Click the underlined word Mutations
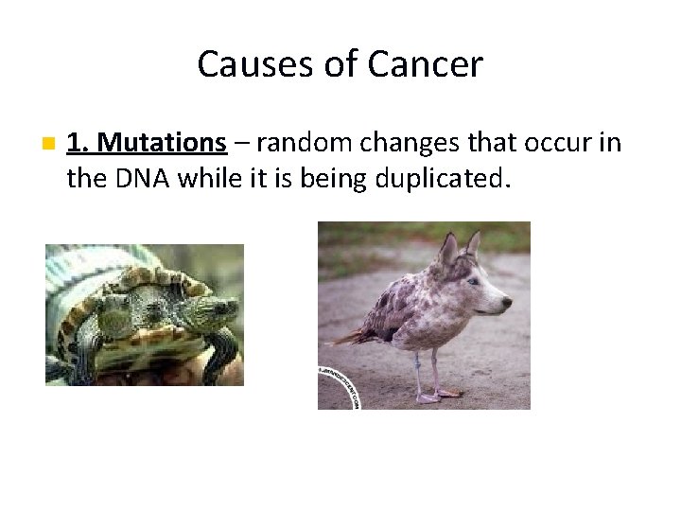[162, 143]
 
